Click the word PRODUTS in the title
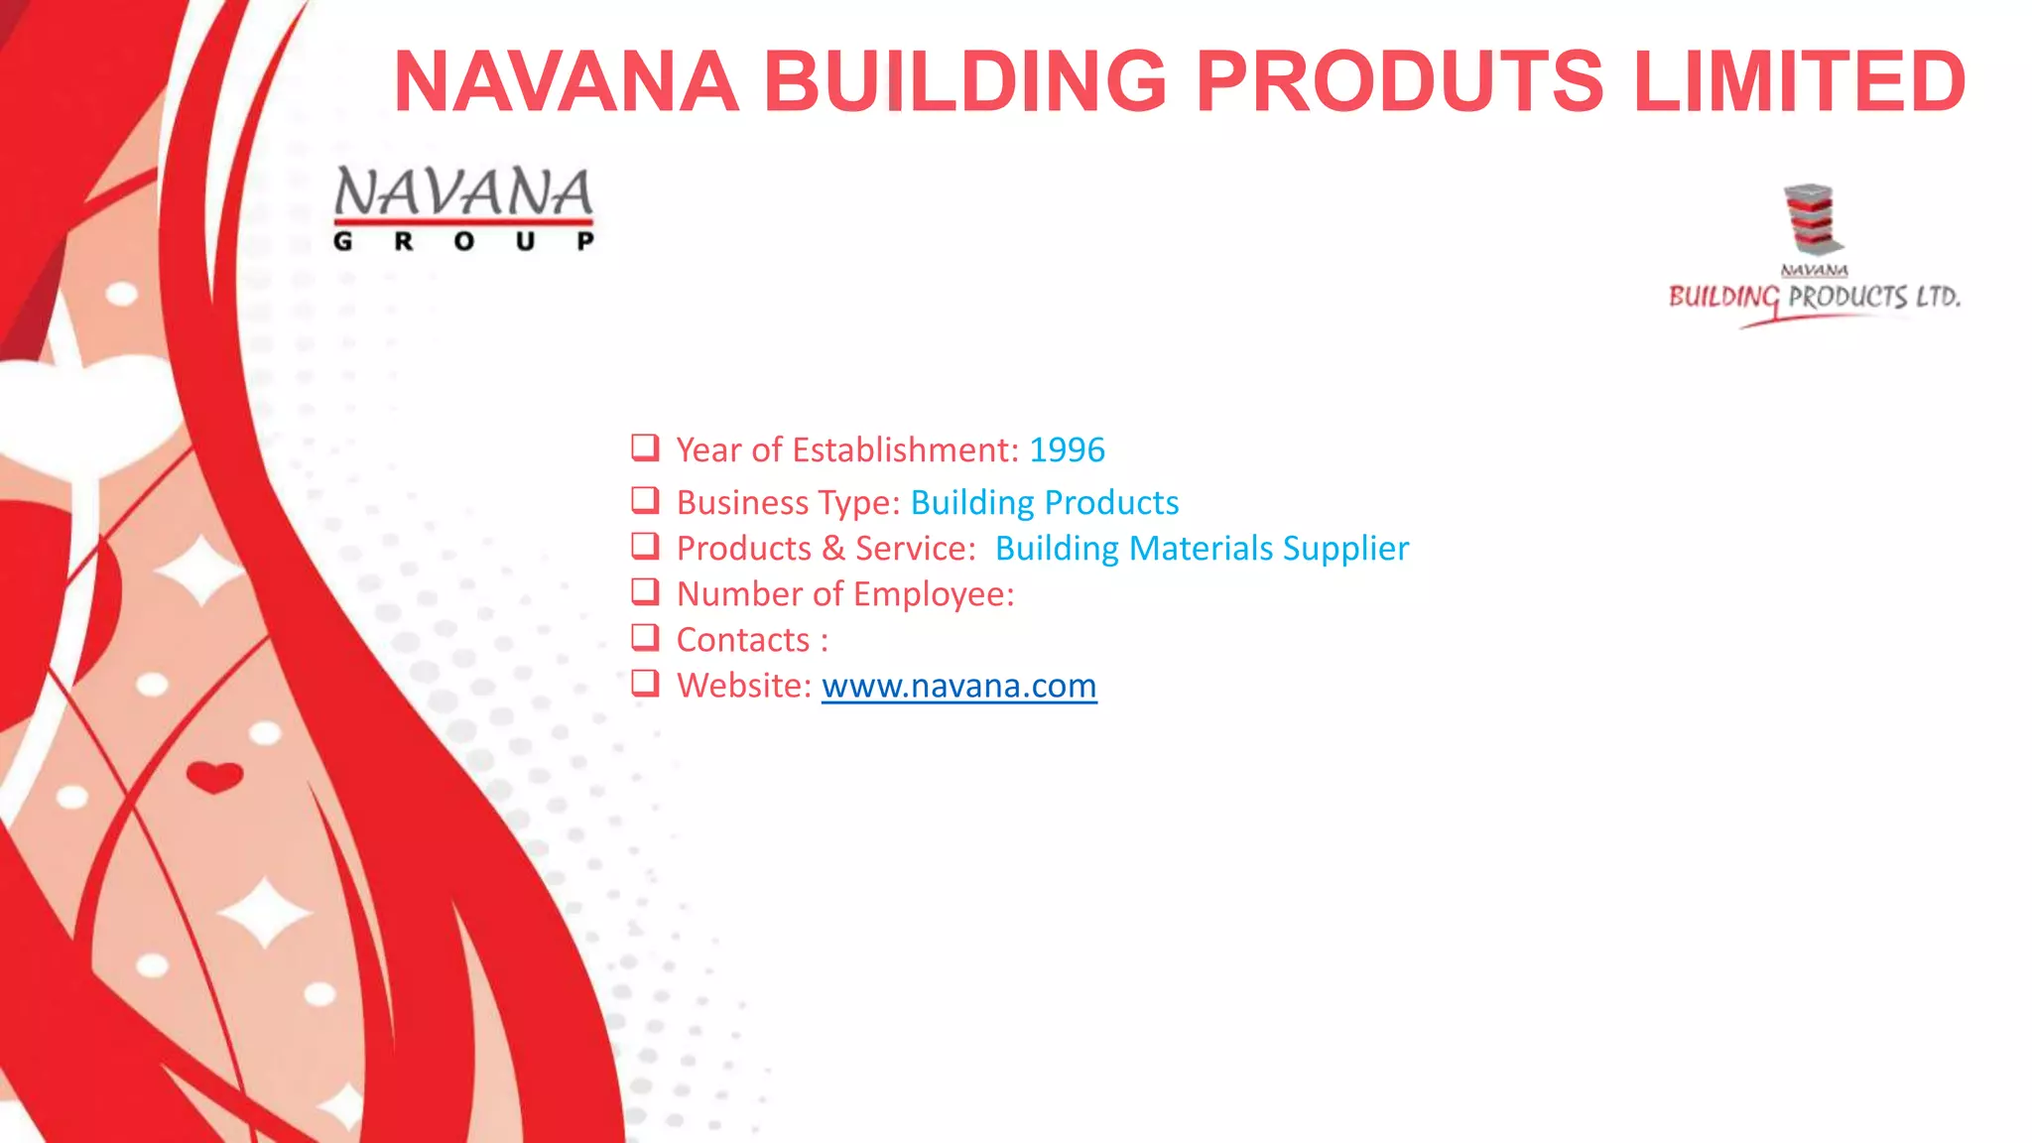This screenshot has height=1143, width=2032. pyautogui.click(x=1399, y=81)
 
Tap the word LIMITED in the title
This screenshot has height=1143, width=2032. pyautogui.click(x=1799, y=81)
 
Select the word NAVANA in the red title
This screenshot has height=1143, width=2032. pyautogui.click(x=566, y=81)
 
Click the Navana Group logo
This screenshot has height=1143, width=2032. pyautogui.click(x=463, y=206)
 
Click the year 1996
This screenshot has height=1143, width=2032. pyautogui.click(x=1067, y=450)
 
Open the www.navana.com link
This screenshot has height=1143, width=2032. pyautogui.click(x=958, y=686)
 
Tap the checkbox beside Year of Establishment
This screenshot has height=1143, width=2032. pyautogui.click(x=645, y=447)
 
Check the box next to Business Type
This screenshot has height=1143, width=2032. pyautogui.click(x=645, y=500)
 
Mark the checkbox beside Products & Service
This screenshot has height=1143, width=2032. pyautogui.click(x=645, y=546)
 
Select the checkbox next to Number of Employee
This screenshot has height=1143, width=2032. pyautogui.click(x=645, y=591)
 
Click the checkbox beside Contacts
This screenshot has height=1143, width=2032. pyautogui.click(x=645, y=637)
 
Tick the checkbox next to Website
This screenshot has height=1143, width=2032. pyautogui.click(x=645, y=683)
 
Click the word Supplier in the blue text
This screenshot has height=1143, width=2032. pyautogui.click(x=1345, y=549)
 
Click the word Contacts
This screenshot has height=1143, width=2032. pyautogui.click(x=743, y=640)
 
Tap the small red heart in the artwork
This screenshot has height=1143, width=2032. pyautogui.click(x=214, y=777)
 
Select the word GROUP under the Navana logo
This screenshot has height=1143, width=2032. pyautogui.click(x=463, y=241)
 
